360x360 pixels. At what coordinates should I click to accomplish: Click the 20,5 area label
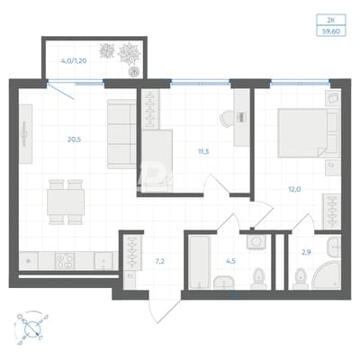(75, 139)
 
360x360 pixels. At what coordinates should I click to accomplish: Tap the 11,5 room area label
(203, 151)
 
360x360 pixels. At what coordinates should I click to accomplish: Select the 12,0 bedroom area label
(294, 189)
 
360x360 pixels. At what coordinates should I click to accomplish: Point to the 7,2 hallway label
(159, 261)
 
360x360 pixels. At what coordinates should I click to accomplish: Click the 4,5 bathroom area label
(230, 261)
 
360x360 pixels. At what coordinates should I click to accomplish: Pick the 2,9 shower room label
(306, 252)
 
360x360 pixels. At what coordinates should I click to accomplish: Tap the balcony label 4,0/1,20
(74, 61)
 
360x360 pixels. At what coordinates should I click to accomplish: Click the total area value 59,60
(331, 31)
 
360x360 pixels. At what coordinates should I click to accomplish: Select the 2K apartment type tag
(331, 20)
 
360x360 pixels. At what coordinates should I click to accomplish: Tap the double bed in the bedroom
(308, 133)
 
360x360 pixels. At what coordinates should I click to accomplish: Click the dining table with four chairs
(66, 202)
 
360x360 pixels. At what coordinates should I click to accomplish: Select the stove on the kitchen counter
(65, 261)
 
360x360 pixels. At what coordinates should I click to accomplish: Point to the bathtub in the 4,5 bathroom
(201, 262)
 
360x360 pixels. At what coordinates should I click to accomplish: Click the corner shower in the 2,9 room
(327, 275)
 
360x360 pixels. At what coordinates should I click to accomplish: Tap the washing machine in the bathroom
(256, 242)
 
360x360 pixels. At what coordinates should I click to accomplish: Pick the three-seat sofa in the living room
(121, 134)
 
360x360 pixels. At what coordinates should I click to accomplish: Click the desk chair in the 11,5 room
(227, 119)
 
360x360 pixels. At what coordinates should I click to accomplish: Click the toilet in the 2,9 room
(300, 278)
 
